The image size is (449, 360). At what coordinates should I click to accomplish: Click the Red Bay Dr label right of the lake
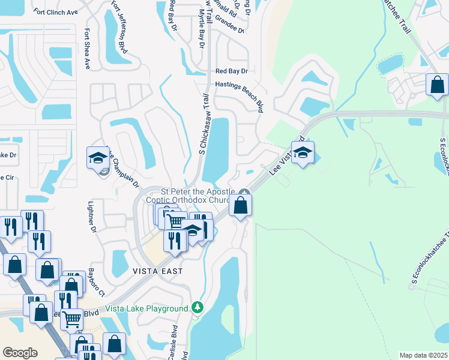(231, 71)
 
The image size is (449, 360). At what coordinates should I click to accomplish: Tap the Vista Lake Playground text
(146, 308)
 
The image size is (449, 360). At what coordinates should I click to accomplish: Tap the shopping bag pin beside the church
(240, 206)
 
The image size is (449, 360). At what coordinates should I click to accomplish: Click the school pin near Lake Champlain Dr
(97, 158)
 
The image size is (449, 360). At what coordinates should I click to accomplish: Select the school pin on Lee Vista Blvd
(303, 152)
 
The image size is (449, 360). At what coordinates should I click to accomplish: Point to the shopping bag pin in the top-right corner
(437, 85)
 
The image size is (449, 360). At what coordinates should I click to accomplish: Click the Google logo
(19, 353)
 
